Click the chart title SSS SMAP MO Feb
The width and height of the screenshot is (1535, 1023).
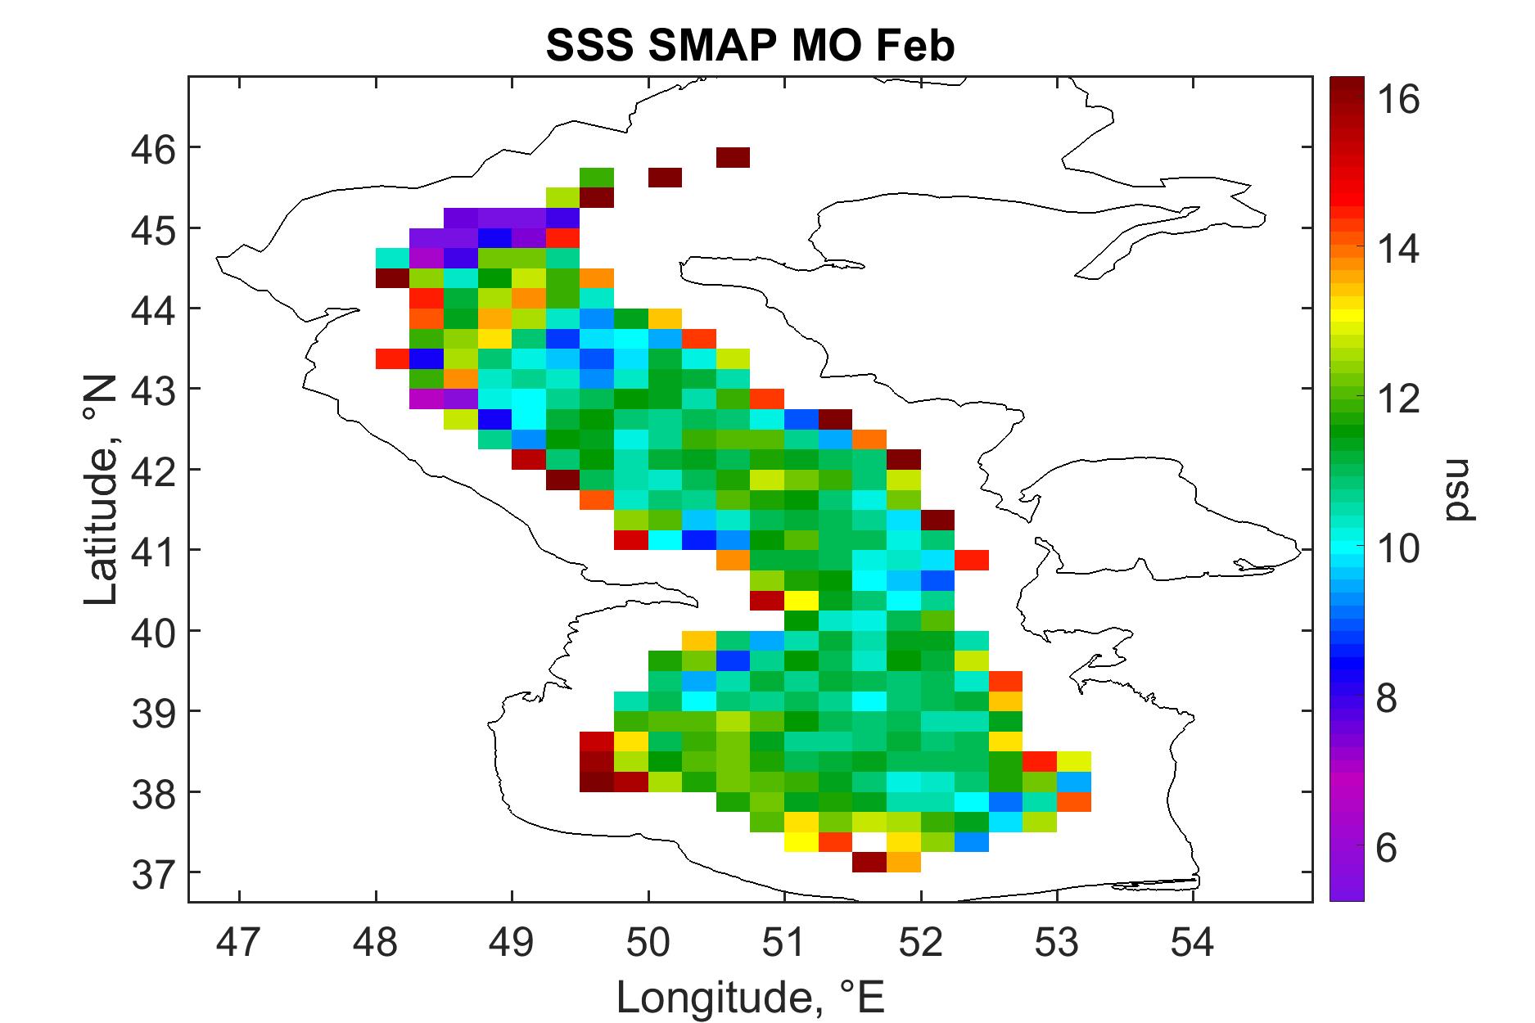point(750,47)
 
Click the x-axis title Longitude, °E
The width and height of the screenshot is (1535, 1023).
point(750,996)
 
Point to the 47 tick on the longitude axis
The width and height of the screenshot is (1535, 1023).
point(239,942)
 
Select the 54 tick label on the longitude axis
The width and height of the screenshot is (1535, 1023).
point(1193,942)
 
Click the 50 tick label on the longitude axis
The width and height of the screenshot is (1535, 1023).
point(648,942)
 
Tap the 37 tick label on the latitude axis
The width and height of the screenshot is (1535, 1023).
point(154,872)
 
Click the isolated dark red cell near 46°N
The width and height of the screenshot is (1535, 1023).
point(733,157)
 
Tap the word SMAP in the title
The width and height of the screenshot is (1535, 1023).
point(697,47)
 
